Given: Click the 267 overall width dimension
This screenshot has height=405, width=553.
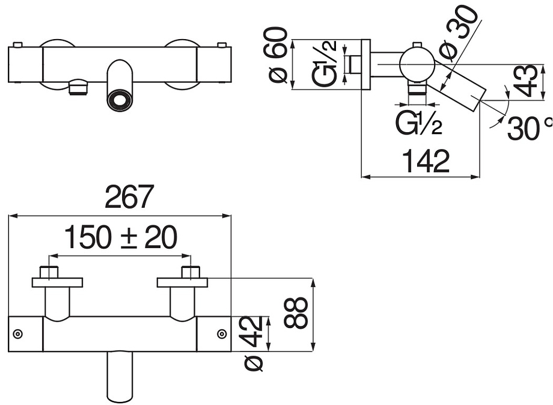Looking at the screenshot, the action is pos(129,197).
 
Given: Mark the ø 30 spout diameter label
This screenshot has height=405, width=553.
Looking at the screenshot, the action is pos(459,34).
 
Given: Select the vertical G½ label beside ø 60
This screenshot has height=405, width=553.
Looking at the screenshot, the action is pos(324,63).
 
